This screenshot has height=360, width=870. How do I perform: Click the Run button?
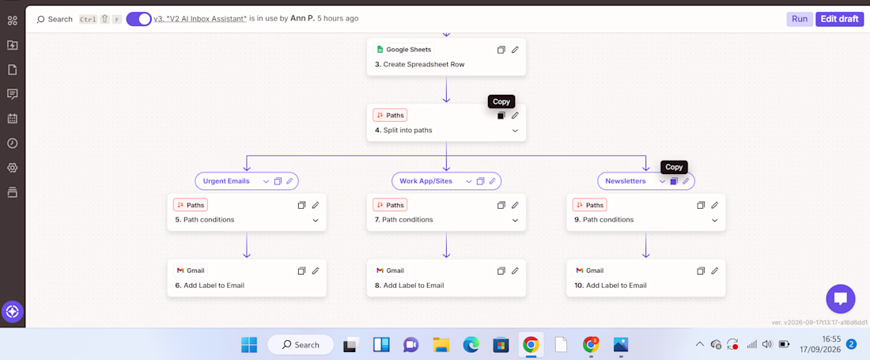(800, 19)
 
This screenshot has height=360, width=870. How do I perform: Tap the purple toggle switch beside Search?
(138, 19)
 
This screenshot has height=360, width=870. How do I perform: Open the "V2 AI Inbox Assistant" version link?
(200, 19)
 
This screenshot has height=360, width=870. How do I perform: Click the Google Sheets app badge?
(403, 49)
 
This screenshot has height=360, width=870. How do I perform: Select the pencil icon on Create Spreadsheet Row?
(515, 49)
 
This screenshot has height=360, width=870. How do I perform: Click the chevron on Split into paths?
(515, 131)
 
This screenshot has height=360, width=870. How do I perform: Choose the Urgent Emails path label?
(226, 181)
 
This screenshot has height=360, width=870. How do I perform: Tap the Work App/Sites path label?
(426, 181)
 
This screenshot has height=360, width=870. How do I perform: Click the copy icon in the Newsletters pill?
(674, 181)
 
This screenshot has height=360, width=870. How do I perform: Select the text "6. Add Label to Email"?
(210, 286)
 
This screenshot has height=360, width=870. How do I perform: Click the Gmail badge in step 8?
(390, 271)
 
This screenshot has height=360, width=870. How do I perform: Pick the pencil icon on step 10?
(715, 271)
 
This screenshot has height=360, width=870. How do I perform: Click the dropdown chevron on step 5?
(315, 220)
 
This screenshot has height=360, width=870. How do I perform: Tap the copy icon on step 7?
(501, 205)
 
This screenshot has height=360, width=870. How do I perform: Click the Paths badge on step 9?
(589, 205)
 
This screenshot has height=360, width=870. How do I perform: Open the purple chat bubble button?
(841, 299)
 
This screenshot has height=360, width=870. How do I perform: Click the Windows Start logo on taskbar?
(249, 344)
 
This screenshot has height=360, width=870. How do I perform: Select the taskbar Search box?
(301, 344)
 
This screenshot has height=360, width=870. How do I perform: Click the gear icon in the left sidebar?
(12, 168)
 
